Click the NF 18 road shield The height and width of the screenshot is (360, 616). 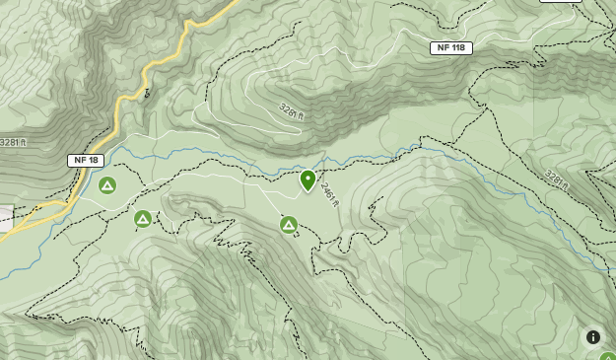click(85, 160)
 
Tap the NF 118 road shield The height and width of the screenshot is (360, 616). click(452, 47)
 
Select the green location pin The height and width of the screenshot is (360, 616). click(308, 180)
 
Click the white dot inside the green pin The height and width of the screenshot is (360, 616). click(308, 179)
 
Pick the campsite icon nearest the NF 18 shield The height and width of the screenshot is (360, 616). click(107, 185)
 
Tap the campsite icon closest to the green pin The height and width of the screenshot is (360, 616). click(289, 225)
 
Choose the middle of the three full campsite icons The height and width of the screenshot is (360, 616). click(143, 218)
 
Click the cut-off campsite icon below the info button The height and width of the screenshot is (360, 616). click(608, 356)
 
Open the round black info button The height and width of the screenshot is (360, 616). click(593, 337)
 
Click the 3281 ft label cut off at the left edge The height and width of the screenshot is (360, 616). click(11, 142)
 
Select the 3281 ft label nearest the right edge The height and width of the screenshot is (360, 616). click(558, 180)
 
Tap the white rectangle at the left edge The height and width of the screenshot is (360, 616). click(5, 219)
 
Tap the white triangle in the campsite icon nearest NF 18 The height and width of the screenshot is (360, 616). click(107, 185)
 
